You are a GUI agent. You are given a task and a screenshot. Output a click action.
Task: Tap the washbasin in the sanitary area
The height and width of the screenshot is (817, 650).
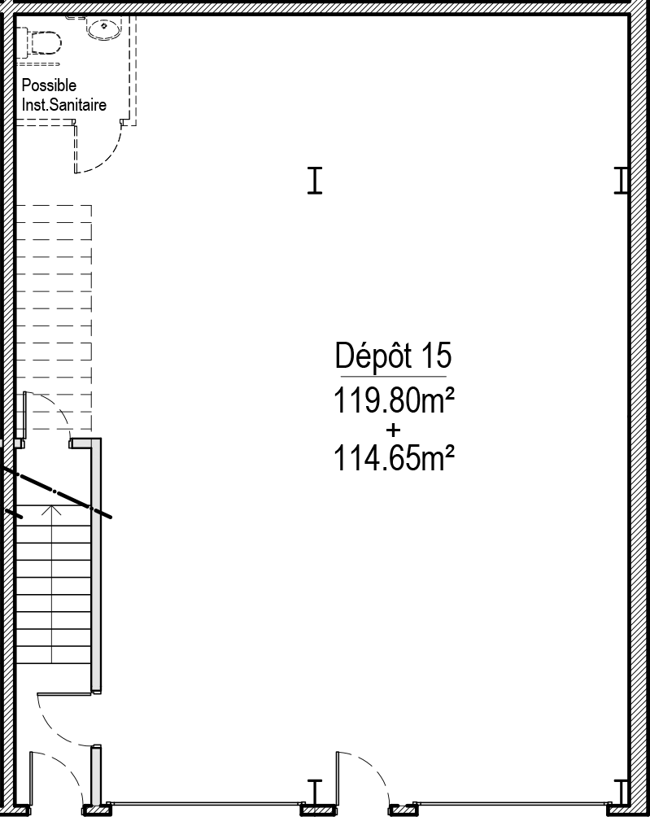104,28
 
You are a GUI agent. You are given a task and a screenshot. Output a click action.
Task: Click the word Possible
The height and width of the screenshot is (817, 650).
49,85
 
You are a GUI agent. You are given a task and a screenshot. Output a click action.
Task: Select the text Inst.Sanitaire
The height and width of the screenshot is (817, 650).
64,105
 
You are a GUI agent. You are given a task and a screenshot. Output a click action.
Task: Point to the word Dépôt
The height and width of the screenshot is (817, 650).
373,356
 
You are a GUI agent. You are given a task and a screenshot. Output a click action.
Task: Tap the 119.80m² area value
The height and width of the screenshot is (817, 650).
394,400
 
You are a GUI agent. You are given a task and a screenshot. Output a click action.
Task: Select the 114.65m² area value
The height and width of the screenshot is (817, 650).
394,457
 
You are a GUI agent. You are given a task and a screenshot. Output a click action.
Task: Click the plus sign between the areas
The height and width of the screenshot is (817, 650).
393,430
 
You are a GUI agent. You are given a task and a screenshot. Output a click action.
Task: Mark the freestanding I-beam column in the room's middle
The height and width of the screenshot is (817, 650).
315,181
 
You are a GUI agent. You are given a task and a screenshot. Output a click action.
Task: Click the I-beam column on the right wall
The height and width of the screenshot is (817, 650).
621,181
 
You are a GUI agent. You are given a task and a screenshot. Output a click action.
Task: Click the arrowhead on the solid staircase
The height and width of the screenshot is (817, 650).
51,509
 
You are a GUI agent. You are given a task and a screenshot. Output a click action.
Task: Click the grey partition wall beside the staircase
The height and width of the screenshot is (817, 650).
96,566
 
